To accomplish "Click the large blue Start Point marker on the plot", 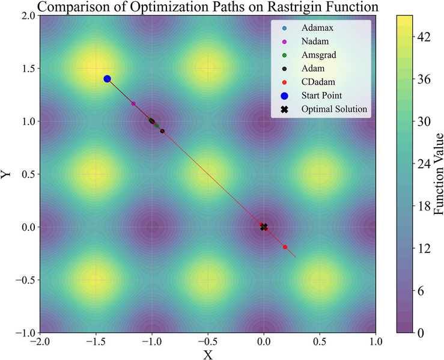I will (x=107, y=79).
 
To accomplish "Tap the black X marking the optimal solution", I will (x=264, y=227).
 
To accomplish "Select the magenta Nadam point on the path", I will (x=133, y=104).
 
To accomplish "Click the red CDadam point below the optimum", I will (x=285, y=247).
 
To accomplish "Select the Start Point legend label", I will (x=321, y=96).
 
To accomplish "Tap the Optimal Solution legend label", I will (x=334, y=109).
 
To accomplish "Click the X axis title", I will (x=208, y=354).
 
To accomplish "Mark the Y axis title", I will (x=7, y=174).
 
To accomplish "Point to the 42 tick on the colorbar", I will (x=424, y=37).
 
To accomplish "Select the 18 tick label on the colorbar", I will (x=424, y=206).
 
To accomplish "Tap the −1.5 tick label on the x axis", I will (x=93, y=341).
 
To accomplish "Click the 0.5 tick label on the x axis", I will (x=320, y=341).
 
